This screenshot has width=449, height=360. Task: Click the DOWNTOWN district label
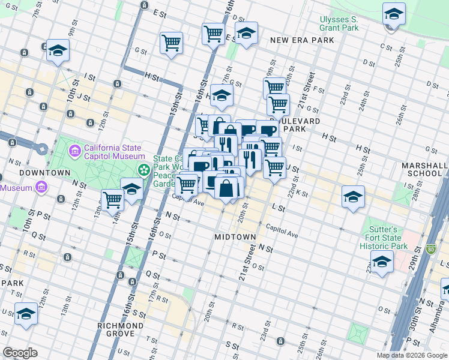[x=37, y=173]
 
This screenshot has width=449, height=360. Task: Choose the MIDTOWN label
[x=235, y=237]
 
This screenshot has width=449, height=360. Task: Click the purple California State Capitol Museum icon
[x=75, y=149]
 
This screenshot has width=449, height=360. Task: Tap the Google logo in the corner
[x=20, y=352]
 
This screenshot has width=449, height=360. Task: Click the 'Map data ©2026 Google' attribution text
[x=412, y=355]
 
